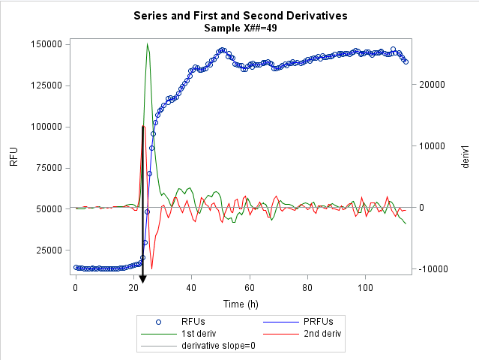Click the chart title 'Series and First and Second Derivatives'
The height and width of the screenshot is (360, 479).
pos(240,15)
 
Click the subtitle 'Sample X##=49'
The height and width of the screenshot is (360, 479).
pos(240,28)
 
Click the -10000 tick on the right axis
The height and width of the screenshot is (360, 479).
pos(433,269)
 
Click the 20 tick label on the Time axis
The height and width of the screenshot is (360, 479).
pos(133,288)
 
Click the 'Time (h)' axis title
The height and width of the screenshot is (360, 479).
pos(240,304)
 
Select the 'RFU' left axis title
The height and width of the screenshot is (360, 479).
pos(13,157)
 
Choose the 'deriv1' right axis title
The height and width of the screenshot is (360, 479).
pos(465,157)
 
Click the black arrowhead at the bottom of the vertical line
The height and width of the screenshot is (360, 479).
pos(142,280)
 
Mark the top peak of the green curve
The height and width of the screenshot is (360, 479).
pos(148,43)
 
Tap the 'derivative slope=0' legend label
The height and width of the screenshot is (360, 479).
pos(221,346)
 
